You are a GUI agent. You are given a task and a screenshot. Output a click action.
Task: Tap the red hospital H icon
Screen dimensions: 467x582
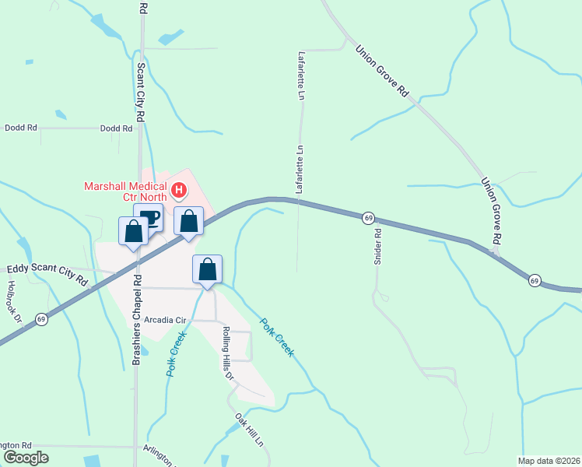179,190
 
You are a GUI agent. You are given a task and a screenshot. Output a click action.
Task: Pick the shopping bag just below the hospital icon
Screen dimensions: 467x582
188,221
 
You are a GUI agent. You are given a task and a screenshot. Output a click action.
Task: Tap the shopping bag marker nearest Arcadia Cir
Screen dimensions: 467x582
208,270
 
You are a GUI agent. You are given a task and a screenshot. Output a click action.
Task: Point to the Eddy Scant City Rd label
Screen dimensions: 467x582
47,276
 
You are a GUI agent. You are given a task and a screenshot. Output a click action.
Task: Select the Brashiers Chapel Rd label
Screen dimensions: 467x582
137,320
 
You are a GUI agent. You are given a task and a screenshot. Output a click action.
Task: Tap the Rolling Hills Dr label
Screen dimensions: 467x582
227,353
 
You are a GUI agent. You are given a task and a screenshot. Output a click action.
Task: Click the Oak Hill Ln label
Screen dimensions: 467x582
250,428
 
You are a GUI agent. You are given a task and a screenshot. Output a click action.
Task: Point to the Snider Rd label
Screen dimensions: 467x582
378,247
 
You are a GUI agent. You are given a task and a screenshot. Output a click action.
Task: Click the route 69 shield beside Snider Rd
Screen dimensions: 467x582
368,219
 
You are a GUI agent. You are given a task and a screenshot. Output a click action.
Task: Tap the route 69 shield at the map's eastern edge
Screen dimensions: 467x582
535,279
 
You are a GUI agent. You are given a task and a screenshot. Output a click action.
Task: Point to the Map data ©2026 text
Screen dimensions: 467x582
549,461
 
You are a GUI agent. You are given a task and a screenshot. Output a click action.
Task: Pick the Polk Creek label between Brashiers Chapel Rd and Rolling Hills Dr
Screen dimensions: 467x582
177,354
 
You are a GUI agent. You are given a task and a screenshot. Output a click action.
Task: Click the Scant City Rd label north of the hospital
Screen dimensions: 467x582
141,92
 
